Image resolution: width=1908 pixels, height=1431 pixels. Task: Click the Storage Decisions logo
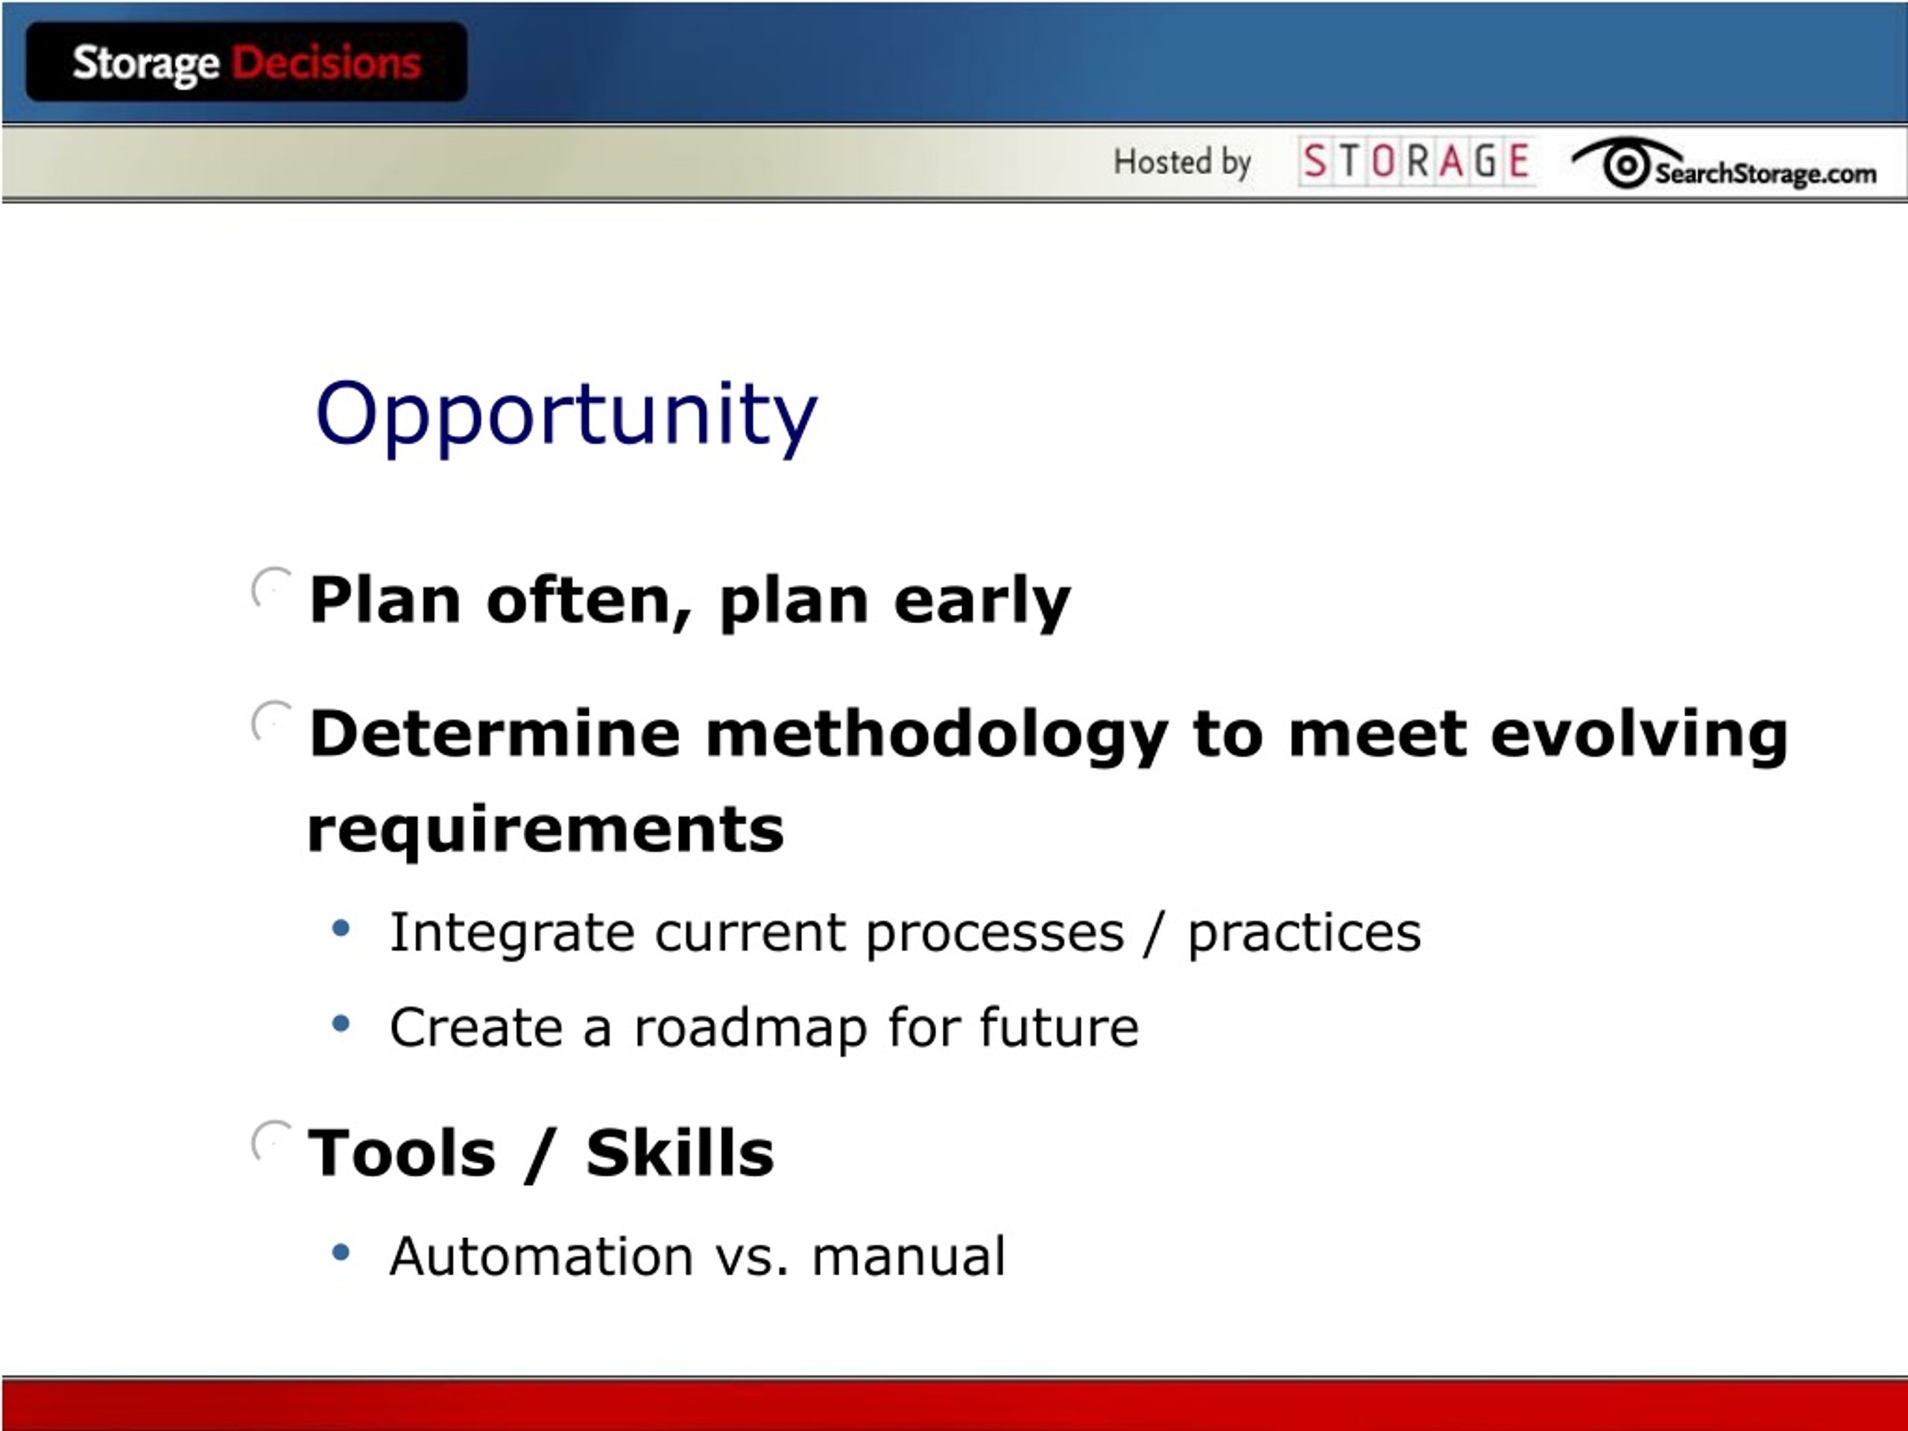247,62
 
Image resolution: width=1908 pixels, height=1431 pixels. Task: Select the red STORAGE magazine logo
1415,161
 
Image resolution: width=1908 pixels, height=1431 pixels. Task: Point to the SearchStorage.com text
1765,174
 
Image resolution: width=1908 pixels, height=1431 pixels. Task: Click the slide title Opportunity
566,416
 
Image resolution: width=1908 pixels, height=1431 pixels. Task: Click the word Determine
495,733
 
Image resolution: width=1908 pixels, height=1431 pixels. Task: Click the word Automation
542,1256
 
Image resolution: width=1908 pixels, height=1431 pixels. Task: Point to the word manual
909,1256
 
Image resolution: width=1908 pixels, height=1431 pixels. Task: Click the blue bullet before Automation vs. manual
341,1251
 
